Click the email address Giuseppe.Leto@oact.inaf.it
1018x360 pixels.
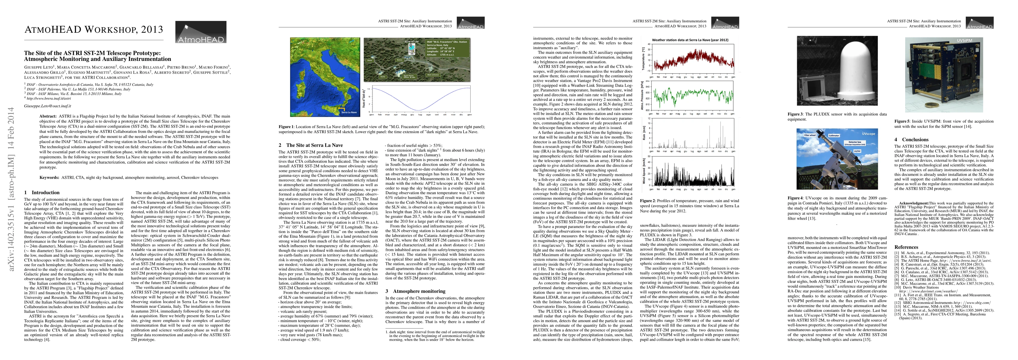(x=48, y=106)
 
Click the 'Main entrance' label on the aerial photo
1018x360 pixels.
(x=432, y=74)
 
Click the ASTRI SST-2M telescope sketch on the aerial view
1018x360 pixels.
(x=411, y=49)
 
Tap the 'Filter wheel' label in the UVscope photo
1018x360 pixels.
(x=810, y=135)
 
